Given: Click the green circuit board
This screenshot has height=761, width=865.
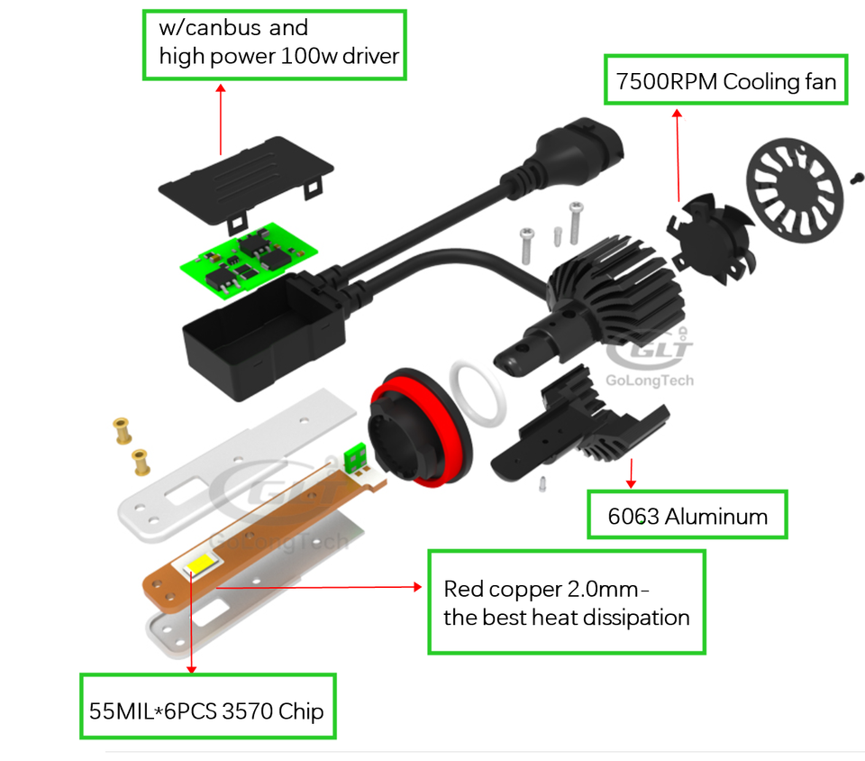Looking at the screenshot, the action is (249, 260).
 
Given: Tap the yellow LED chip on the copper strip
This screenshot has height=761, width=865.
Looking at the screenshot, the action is (201, 564).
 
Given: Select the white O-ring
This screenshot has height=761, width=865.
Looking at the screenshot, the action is (478, 392).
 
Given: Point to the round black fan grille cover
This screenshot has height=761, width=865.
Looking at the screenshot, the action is (795, 190).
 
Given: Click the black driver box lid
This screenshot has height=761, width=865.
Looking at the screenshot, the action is (246, 180).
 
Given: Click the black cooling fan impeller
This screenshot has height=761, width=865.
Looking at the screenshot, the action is (711, 238).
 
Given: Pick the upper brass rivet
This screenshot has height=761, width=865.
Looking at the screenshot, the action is (123, 430).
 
